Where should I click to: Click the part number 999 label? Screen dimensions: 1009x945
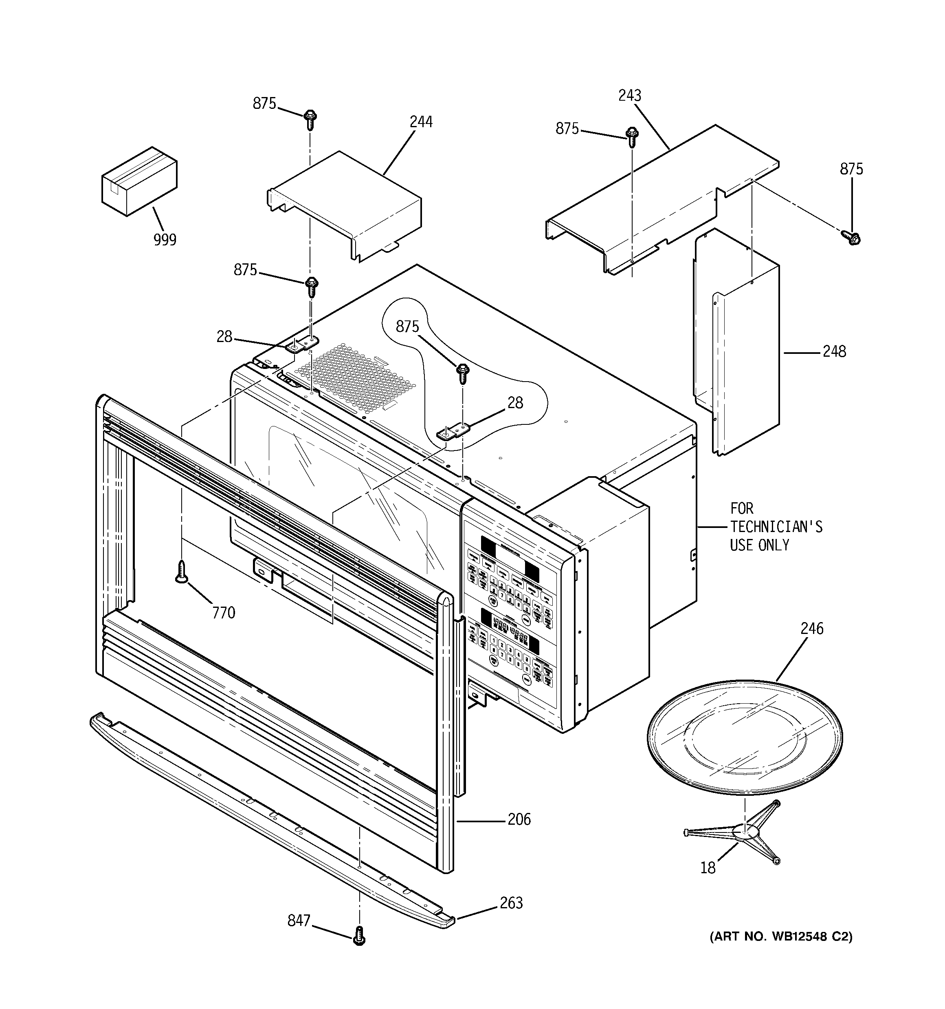[x=165, y=240]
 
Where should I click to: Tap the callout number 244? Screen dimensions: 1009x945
[x=421, y=122]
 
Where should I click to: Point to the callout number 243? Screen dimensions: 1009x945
[x=629, y=95]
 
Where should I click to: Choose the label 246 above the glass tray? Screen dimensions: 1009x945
[x=811, y=628]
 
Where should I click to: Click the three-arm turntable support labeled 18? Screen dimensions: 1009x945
[x=743, y=832]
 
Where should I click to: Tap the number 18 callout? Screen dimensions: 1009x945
[x=708, y=868]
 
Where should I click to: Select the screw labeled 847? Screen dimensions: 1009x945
[x=359, y=934]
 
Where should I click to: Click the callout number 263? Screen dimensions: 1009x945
[x=511, y=903]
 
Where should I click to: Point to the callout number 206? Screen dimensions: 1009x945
[x=519, y=819]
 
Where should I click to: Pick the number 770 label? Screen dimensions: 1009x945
[x=224, y=613]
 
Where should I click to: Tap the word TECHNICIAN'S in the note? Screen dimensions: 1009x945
[x=776, y=526]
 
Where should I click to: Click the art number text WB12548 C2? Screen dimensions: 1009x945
[x=811, y=936]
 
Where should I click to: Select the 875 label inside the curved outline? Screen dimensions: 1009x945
[x=407, y=327]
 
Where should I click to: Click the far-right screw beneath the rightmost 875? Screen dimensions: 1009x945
[x=852, y=236]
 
